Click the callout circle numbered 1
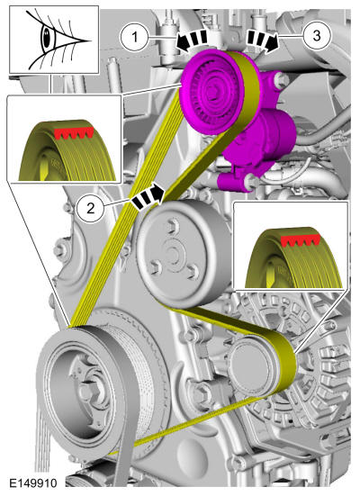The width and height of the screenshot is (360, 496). tap(134, 37)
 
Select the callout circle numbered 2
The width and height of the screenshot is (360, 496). tap(90, 209)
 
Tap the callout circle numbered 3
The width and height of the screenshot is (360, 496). tap(317, 35)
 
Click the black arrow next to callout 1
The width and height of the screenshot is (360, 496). tap(192, 40)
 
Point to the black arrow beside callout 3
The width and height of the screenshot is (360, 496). tap(263, 40)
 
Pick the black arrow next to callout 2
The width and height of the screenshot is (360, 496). tap(148, 196)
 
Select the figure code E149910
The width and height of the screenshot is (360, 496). tap(33, 483)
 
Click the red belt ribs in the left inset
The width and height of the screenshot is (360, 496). tap(75, 132)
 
